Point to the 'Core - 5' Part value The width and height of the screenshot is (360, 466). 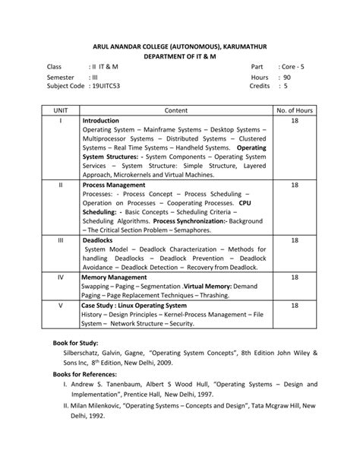[291, 68]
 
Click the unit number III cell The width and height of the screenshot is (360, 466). [61, 239]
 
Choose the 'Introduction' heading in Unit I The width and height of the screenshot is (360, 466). [101, 120]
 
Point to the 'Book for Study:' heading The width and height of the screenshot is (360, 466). [76, 343]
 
